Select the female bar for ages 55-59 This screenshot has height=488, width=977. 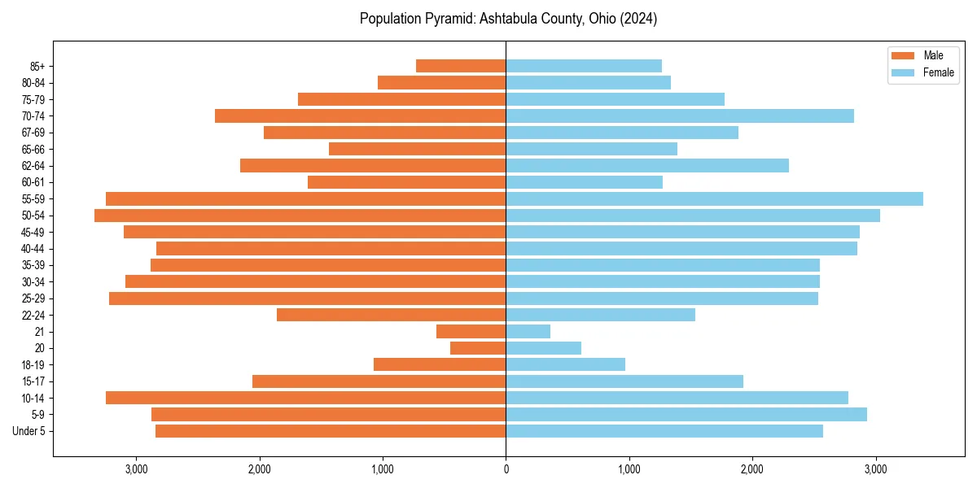(714, 199)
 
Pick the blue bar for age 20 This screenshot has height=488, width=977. (543, 348)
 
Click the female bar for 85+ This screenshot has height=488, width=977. (583, 66)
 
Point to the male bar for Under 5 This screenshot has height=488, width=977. (331, 431)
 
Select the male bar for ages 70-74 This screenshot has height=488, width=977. (360, 116)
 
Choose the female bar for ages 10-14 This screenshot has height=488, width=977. (677, 398)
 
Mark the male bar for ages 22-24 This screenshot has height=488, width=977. (391, 315)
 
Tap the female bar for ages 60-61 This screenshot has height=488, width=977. (584, 182)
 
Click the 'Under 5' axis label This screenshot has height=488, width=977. (29, 431)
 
